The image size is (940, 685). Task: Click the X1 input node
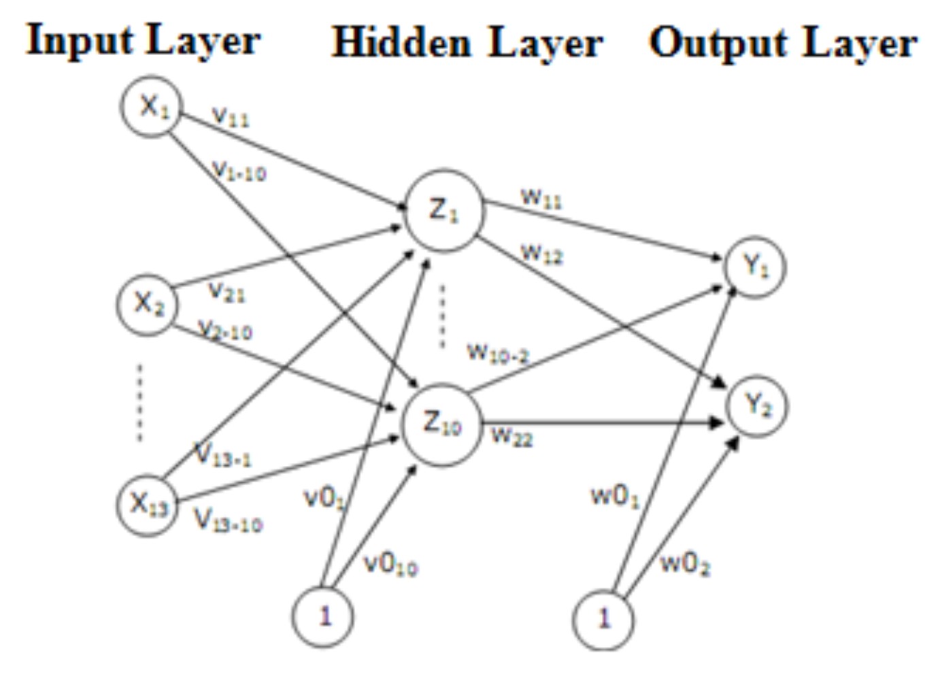tap(151, 107)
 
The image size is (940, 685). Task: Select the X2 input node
tap(148, 303)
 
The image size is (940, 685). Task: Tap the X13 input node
tap(147, 505)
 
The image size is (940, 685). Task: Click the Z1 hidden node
tap(444, 210)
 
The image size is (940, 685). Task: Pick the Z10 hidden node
tap(442, 424)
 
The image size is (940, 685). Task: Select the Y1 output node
tap(755, 266)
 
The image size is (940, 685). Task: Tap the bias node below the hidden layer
tap(323, 616)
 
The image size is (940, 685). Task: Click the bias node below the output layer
tap(603, 619)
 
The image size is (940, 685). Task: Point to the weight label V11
tap(231, 116)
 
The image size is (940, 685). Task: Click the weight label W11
tap(541, 198)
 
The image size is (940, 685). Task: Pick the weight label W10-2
tap(498, 352)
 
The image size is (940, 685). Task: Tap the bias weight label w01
tap(615, 496)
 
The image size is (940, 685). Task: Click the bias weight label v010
tap(390, 564)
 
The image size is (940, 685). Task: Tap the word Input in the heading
tap(80, 41)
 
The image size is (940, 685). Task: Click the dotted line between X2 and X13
tap(140, 403)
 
